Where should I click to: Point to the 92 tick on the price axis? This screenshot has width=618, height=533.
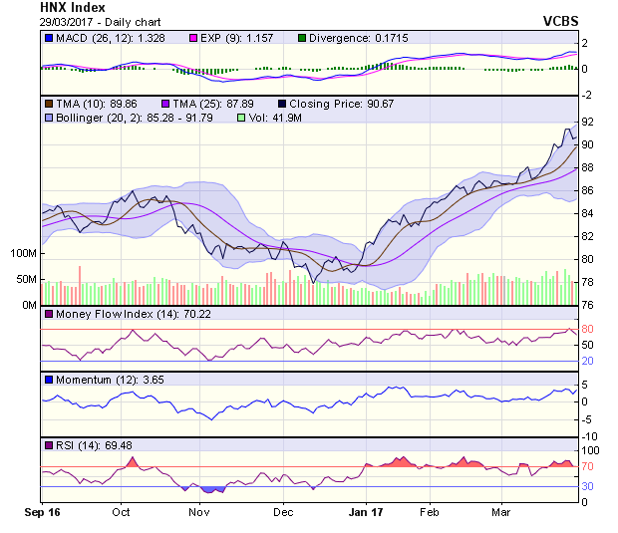pos(588,122)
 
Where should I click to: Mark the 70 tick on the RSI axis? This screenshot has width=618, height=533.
pos(588,466)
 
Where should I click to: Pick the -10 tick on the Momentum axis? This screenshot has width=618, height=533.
pos(589,436)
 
